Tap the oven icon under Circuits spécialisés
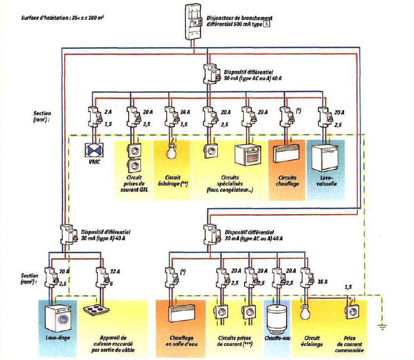[x=247, y=153]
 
